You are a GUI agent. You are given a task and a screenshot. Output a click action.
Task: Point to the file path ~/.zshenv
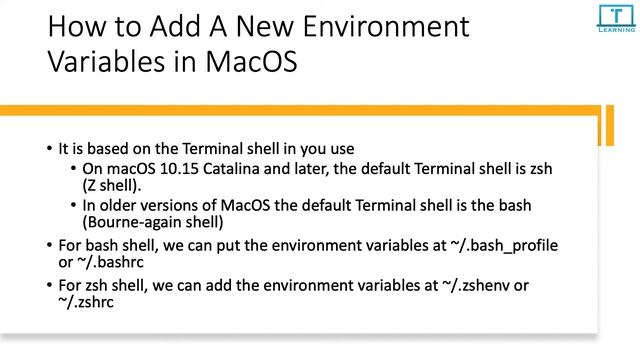(x=465, y=285)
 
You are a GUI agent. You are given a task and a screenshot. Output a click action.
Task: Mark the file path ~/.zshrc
(x=86, y=303)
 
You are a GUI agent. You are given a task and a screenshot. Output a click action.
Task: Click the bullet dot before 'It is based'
(x=49, y=150)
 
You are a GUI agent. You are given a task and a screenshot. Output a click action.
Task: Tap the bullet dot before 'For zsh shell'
(x=49, y=285)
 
